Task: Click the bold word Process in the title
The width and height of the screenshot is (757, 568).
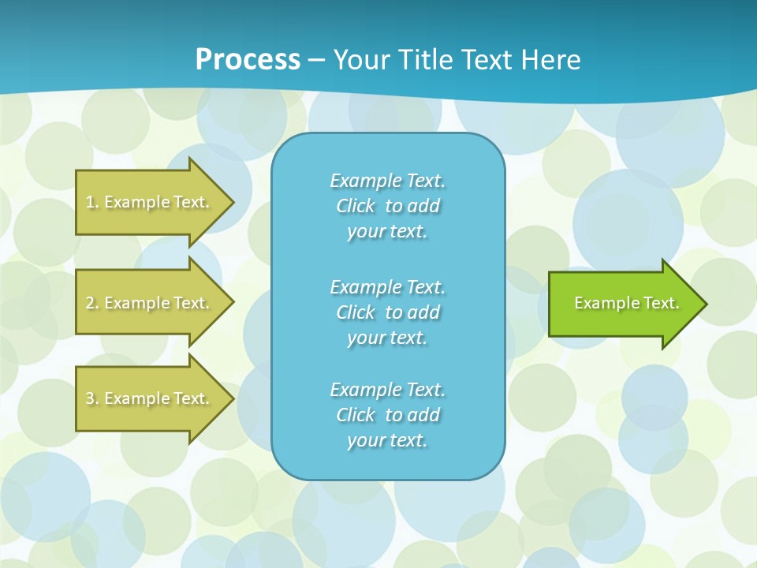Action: coord(248,60)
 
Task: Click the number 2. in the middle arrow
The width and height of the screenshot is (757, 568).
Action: coord(92,303)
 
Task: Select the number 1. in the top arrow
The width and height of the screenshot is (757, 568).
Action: coord(92,202)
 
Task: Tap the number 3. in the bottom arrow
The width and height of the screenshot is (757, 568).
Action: coord(92,398)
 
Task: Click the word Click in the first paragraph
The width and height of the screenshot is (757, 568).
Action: coord(355,206)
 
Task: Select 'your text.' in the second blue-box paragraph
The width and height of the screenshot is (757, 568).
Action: coord(387,338)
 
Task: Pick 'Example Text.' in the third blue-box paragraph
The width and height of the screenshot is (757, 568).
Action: coord(387,390)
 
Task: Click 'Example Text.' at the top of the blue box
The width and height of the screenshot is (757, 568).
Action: coord(387,181)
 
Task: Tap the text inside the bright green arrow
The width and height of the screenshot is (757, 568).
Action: coord(626,303)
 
